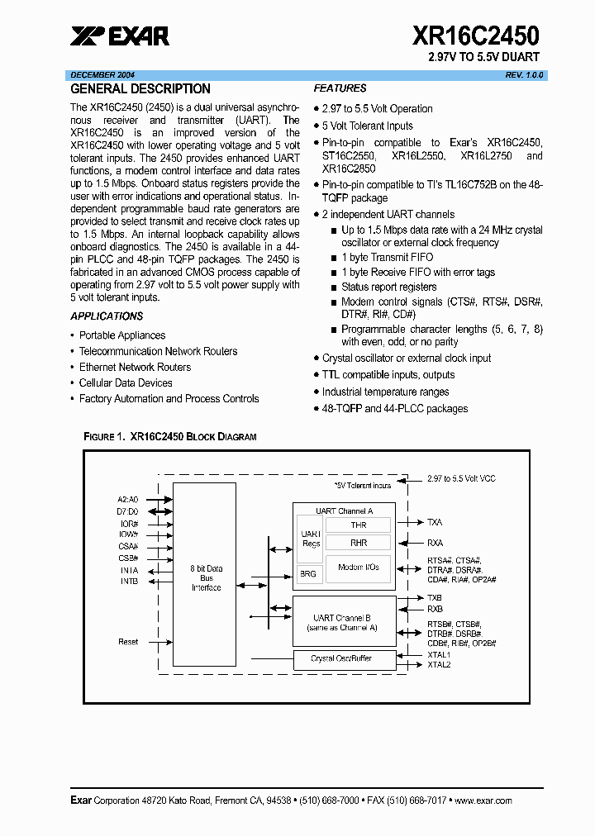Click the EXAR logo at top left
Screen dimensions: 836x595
[120, 36]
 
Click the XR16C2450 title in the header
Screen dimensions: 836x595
[475, 36]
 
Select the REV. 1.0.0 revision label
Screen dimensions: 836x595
[525, 75]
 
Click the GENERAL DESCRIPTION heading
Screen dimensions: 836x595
[140, 89]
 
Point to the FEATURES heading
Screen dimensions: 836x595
[340, 88]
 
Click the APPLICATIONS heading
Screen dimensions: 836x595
[107, 316]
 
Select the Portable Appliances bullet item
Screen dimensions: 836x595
[121, 335]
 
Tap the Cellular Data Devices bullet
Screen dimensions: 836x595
[126, 383]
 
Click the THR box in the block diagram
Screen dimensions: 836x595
[358, 525]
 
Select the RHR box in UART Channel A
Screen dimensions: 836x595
[358, 543]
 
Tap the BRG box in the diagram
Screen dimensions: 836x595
[307, 574]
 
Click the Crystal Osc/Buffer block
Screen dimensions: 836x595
[340, 658]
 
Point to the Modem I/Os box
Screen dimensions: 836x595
[358, 568]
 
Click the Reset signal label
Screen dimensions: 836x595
[128, 642]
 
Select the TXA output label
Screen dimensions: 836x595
[435, 522]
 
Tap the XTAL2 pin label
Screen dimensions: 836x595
[439, 664]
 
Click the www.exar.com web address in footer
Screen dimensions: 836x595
[483, 800]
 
